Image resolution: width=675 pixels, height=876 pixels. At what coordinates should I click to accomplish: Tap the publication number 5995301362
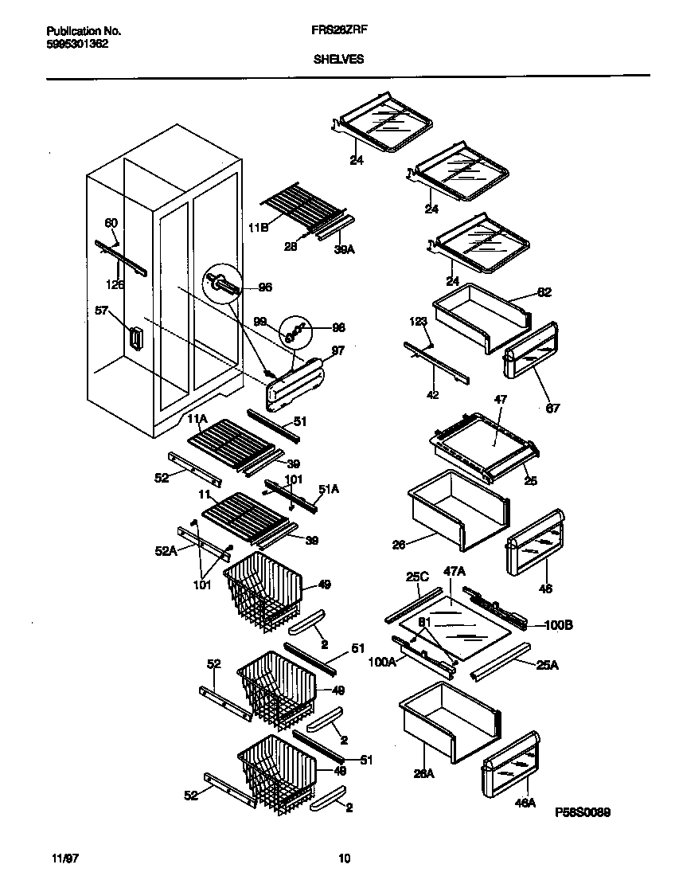point(72,45)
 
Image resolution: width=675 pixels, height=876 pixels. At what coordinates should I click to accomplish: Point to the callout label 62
point(544,292)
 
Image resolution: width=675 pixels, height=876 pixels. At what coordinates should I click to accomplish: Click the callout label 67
point(552,409)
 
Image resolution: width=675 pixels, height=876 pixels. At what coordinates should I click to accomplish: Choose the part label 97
point(337,351)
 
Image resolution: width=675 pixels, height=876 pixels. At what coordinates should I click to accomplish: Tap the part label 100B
point(557,625)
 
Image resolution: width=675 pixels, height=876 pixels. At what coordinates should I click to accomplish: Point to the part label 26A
point(423,772)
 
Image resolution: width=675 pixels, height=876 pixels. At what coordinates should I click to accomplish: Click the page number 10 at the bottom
point(344,858)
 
